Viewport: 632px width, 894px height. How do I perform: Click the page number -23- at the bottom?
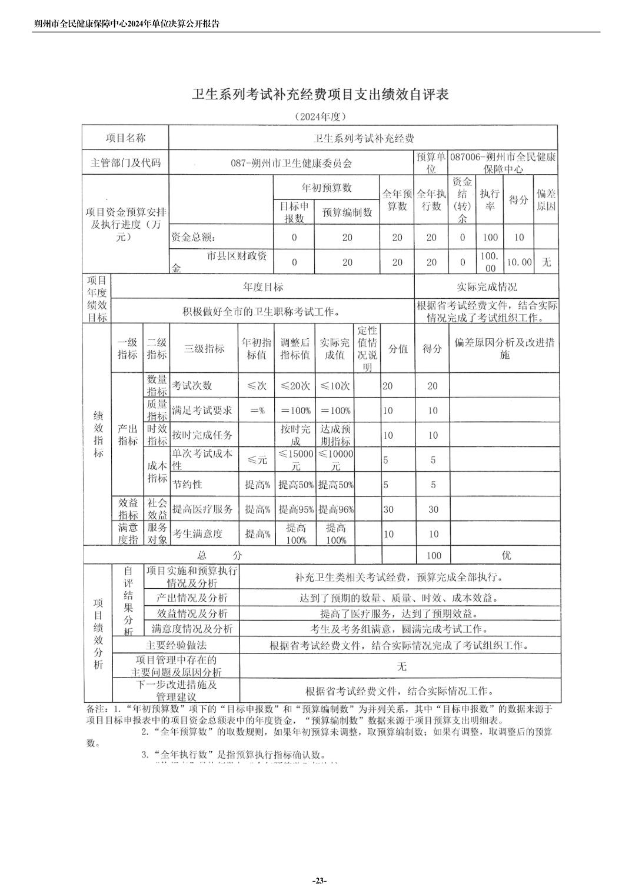(319, 880)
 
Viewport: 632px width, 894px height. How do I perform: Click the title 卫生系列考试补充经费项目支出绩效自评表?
(320, 95)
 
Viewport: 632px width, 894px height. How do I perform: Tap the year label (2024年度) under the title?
(320, 116)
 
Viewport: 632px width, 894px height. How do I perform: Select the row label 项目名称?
(125, 138)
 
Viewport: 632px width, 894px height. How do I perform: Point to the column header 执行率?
(490, 200)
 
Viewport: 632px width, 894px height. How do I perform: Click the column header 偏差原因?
(546, 200)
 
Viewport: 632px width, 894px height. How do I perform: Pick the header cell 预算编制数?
(347, 212)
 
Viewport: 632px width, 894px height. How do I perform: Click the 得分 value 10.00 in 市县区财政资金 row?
(519, 262)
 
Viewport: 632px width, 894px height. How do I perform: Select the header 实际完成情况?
(487, 287)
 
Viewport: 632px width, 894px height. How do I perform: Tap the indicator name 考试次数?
(192, 386)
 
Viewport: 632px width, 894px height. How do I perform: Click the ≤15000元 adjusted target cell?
(296, 460)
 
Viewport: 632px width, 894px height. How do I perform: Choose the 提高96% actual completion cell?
(336, 509)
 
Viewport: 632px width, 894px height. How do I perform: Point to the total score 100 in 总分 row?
(434, 555)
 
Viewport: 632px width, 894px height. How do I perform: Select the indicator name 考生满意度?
(197, 534)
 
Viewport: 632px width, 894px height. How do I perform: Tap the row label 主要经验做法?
(176, 645)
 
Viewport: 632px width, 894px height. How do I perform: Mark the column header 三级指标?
(204, 348)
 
